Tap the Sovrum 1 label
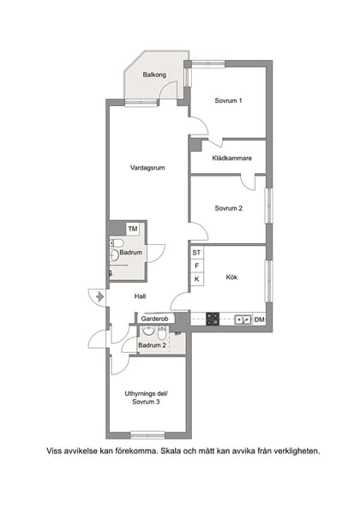click(x=228, y=101)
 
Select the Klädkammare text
click(x=231, y=158)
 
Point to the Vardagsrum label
click(x=147, y=168)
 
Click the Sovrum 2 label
click(x=229, y=208)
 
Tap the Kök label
click(x=231, y=277)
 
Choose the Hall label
click(x=141, y=296)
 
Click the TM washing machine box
click(x=133, y=229)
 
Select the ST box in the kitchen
click(x=196, y=253)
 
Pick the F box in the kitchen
click(x=196, y=266)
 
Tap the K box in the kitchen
click(x=196, y=279)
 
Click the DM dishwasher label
click(x=258, y=320)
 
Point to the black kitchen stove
click(x=213, y=320)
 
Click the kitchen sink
click(x=243, y=320)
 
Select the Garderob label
click(x=157, y=319)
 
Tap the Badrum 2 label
click(x=152, y=345)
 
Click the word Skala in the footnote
click(x=177, y=450)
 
